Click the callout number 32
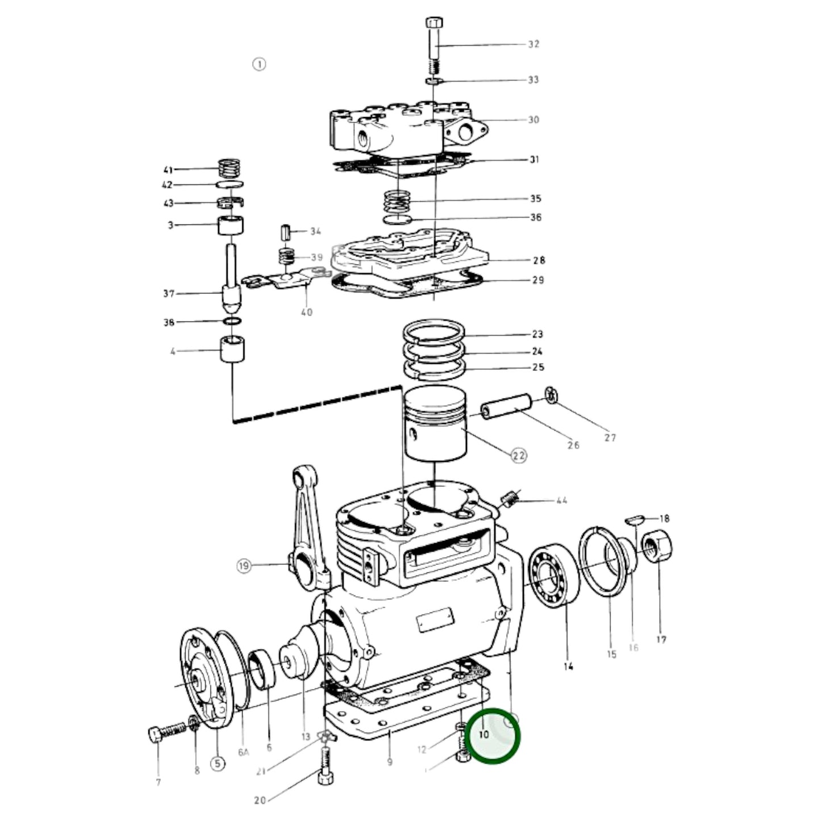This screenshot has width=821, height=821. click(533, 44)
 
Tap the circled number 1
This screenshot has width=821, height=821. click(259, 64)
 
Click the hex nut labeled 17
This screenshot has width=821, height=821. click(658, 546)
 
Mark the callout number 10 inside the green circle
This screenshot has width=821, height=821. click(484, 735)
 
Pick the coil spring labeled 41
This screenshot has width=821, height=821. click(230, 168)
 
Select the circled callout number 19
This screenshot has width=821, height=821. click(244, 566)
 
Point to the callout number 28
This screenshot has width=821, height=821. click(539, 260)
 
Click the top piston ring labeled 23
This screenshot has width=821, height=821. click(434, 330)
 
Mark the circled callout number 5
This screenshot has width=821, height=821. click(218, 764)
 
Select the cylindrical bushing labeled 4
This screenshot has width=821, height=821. click(232, 349)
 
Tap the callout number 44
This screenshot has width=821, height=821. click(561, 501)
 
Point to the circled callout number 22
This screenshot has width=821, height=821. click(519, 456)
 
